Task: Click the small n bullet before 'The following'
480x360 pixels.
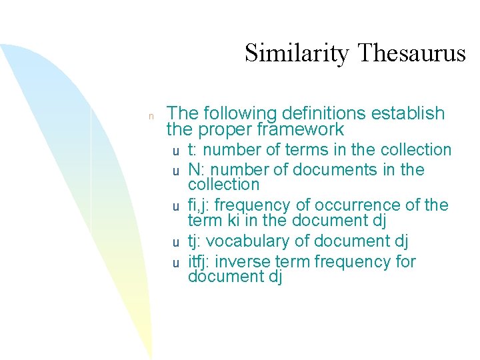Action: click(x=151, y=116)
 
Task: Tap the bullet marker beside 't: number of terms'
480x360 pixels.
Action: click(x=176, y=151)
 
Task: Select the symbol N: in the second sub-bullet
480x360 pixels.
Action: click(x=196, y=170)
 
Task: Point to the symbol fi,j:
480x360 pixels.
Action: click(x=202, y=205)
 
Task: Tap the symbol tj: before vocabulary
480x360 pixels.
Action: click(x=195, y=241)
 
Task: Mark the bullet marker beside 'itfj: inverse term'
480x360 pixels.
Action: click(x=176, y=263)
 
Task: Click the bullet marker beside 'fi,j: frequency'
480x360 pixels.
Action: click(x=176, y=206)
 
